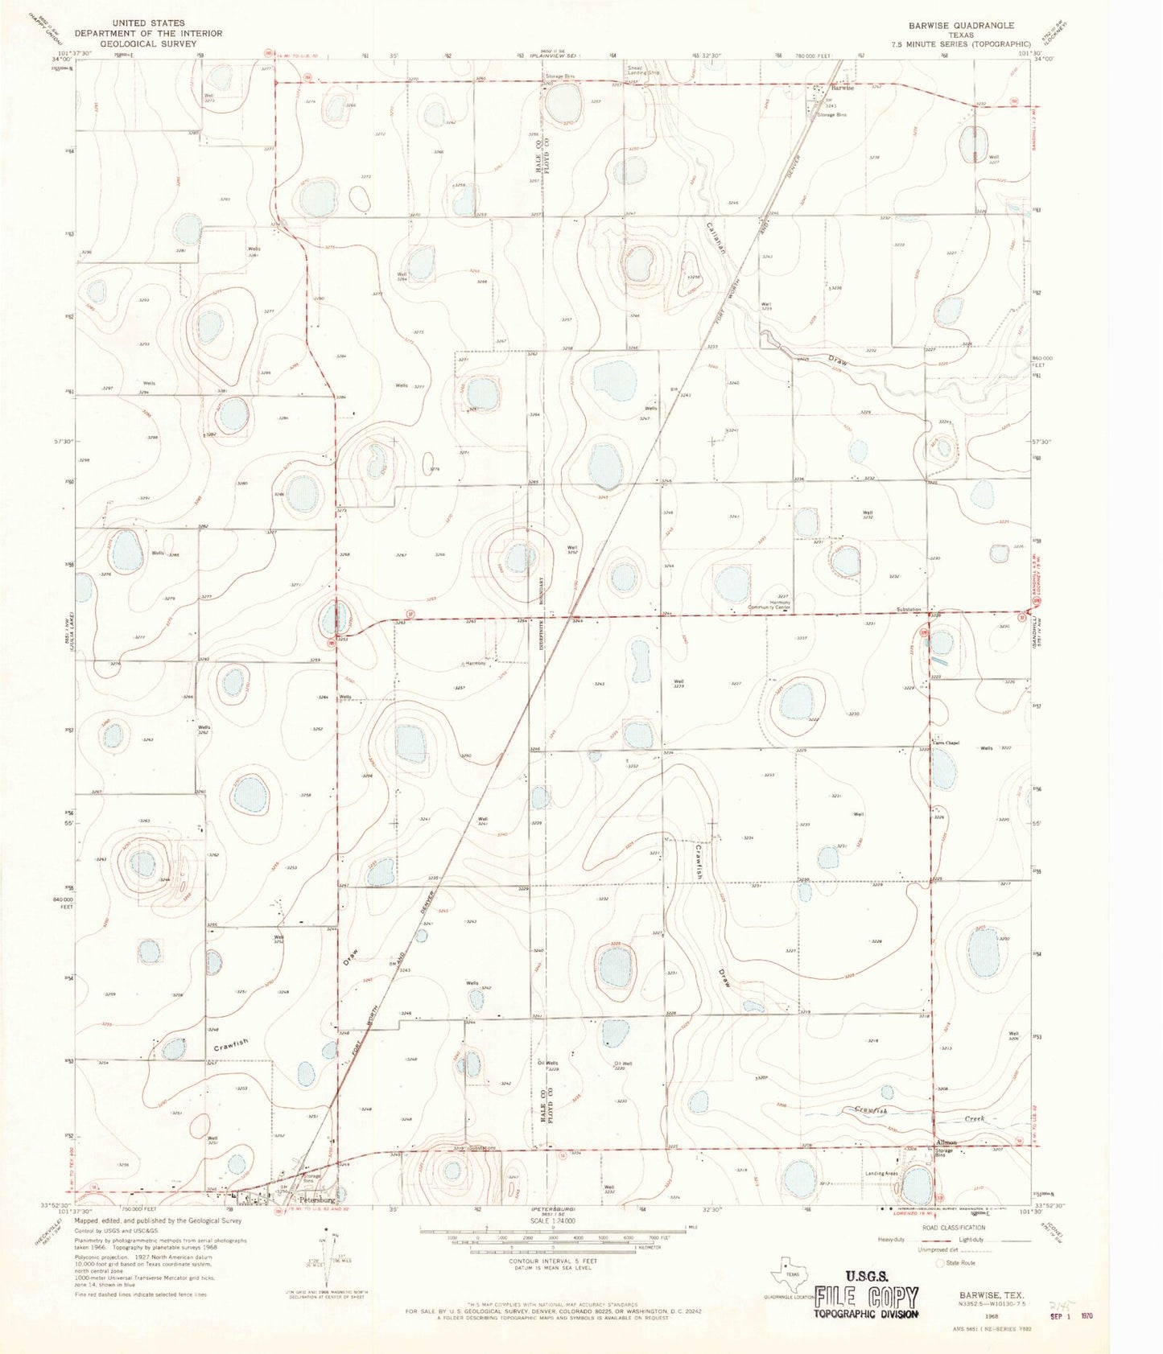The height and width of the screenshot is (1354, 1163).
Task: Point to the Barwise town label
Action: [x=842, y=88]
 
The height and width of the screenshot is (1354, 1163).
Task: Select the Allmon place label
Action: [x=946, y=1142]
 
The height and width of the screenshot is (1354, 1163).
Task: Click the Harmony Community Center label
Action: [x=769, y=604]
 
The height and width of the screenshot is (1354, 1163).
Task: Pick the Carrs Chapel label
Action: [x=946, y=743]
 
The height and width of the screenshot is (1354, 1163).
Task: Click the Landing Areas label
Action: [x=881, y=1174]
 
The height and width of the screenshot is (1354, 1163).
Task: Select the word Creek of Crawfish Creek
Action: [x=975, y=1119]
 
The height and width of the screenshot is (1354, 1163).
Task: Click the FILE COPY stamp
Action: [x=866, y=1297]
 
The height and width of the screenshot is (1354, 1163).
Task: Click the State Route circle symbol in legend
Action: [x=940, y=1263]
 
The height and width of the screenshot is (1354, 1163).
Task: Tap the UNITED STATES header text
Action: [x=148, y=23]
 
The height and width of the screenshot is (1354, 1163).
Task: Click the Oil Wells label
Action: [x=548, y=1064]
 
